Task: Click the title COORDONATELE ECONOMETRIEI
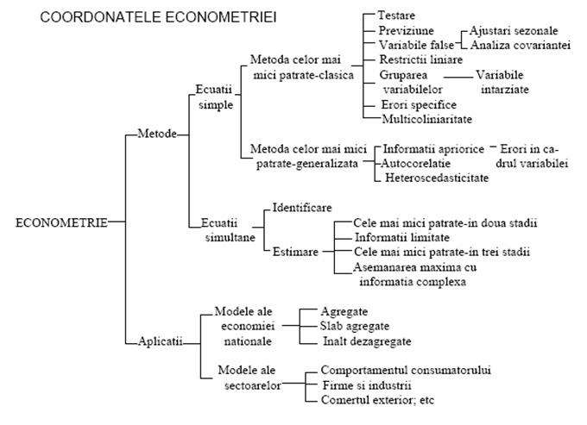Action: point(158,17)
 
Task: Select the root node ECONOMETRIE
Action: point(61,222)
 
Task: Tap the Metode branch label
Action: point(157,134)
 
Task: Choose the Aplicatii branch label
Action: point(161,341)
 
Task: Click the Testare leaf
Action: point(396,16)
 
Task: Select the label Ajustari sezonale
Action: point(514,30)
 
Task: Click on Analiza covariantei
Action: point(521,45)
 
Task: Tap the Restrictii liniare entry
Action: point(421,59)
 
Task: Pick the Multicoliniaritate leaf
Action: point(426,119)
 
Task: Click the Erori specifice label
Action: point(419,104)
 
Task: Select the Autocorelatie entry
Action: point(415,163)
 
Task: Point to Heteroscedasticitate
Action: point(437,178)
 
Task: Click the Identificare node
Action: point(302,208)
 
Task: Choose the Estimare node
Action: point(295,252)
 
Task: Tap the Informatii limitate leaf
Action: point(402,237)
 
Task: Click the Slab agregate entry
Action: point(355,327)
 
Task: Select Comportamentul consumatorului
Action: point(406,370)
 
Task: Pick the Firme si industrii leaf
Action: point(367,385)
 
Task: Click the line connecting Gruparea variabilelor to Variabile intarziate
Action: point(458,78)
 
